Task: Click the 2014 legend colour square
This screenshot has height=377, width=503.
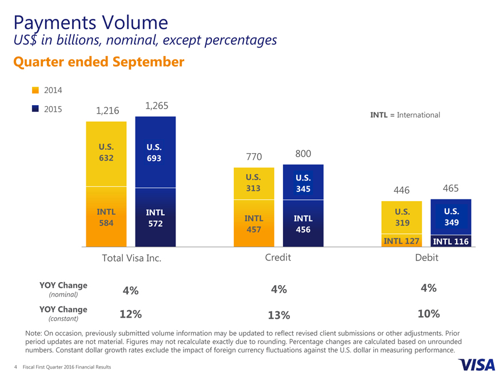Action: click(35, 90)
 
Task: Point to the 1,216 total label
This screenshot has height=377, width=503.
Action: click(107, 110)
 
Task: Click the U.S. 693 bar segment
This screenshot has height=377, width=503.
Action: click(155, 152)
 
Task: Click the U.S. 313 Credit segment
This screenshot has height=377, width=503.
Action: click(254, 183)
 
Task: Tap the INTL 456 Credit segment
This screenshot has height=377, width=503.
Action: click(303, 223)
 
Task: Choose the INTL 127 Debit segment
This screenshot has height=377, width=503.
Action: click(402, 240)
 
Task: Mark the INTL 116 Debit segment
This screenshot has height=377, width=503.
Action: click(450, 241)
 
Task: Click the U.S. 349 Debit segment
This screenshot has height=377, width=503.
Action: click(450, 216)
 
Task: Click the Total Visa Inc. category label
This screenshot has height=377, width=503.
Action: click(131, 258)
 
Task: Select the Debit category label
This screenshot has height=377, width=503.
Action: click(426, 258)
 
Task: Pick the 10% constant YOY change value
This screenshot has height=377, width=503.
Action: click(428, 314)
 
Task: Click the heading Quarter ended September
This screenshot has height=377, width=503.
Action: click(98, 61)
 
